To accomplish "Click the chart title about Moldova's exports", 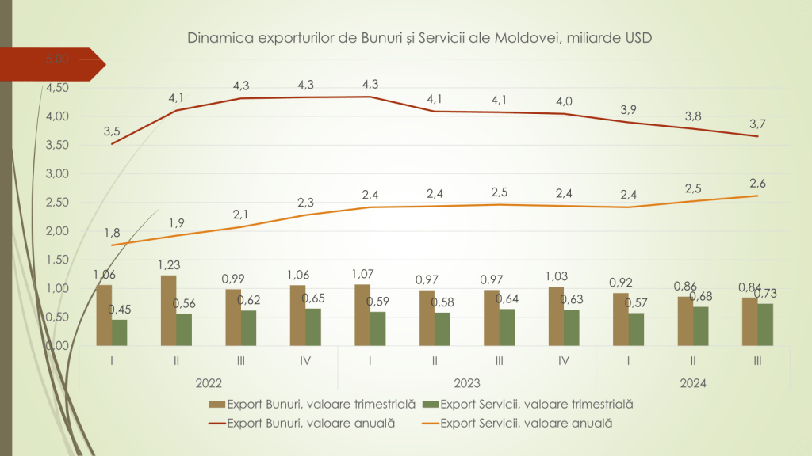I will coord(419,38).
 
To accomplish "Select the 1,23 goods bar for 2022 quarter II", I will coord(168,310).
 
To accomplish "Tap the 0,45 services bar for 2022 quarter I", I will coord(120,332).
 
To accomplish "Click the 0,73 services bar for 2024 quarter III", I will coord(765,325).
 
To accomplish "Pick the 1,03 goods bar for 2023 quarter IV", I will coord(555,316).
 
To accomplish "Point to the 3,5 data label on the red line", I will coord(112,131).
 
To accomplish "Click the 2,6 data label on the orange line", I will coord(757,184).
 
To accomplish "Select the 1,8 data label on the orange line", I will coord(112,233).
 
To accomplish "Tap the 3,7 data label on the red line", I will coord(757,123).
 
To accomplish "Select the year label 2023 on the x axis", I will coord(467,384).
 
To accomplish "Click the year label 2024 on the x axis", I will coord(693,384).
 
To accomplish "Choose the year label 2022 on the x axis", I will coord(209,384).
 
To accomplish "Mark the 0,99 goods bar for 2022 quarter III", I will coord(233,317).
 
